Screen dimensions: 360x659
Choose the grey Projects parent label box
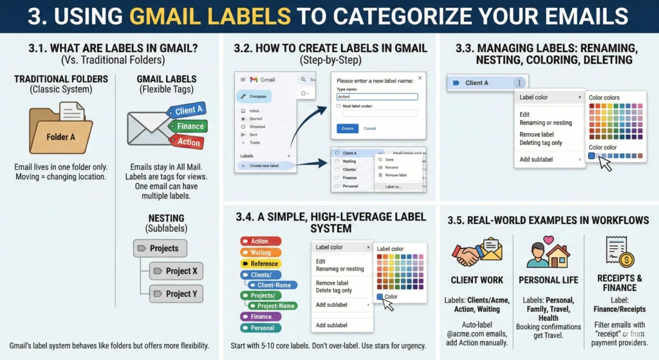(x=160, y=248)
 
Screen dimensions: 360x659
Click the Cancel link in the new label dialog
(x=370, y=128)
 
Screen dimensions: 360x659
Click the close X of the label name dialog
(x=420, y=78)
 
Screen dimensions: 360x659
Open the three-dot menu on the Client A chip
(x=519, y=82)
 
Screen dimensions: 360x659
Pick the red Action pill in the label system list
(x=261, y=242)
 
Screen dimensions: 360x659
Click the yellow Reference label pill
(x=261, y=263)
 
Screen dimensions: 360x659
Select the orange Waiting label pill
(x=261, y=252)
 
